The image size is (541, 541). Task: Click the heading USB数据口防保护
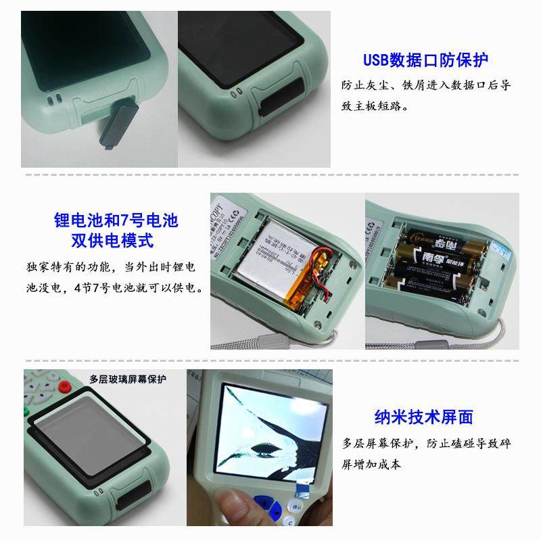coord(425,60)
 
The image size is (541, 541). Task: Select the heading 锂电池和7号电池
coord(116,220)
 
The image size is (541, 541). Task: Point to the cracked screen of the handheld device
coord(271,433)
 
